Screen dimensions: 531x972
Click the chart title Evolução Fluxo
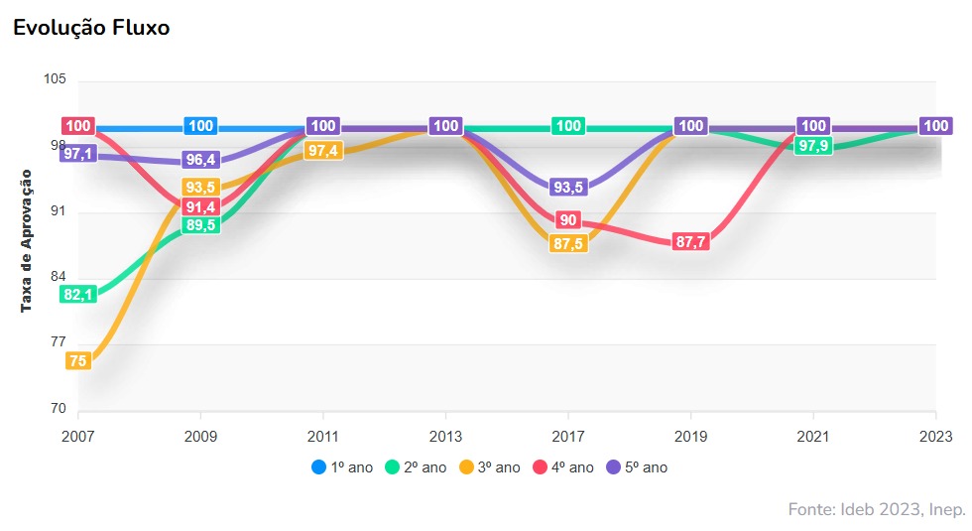click(x=91, y=28)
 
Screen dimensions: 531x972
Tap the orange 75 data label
click(x=77, y=361)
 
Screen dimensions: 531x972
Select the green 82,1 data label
click(x=77, y=295)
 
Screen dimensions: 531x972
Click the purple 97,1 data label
click(x=77, y=154)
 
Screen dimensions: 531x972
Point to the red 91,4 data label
click(x=201, y=206)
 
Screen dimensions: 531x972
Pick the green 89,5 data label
click(x=201, y=225)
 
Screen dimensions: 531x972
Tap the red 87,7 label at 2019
click(x=690, y=242)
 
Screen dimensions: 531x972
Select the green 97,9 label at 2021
click(x=813, y=146)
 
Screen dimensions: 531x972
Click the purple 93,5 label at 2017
click(x=568, y=188)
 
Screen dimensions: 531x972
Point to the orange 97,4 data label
click(x=323, y=150)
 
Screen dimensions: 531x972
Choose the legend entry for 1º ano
click(x=342, y=466)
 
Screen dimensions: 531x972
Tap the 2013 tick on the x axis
click(x=446, y=437)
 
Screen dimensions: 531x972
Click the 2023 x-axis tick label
click(x=935, y=437)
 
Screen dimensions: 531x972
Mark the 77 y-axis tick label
click(x=57, y=343)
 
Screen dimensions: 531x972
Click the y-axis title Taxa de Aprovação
click(x=27, y=240)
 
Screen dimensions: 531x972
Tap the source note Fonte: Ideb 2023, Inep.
click(x=876, y=509)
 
